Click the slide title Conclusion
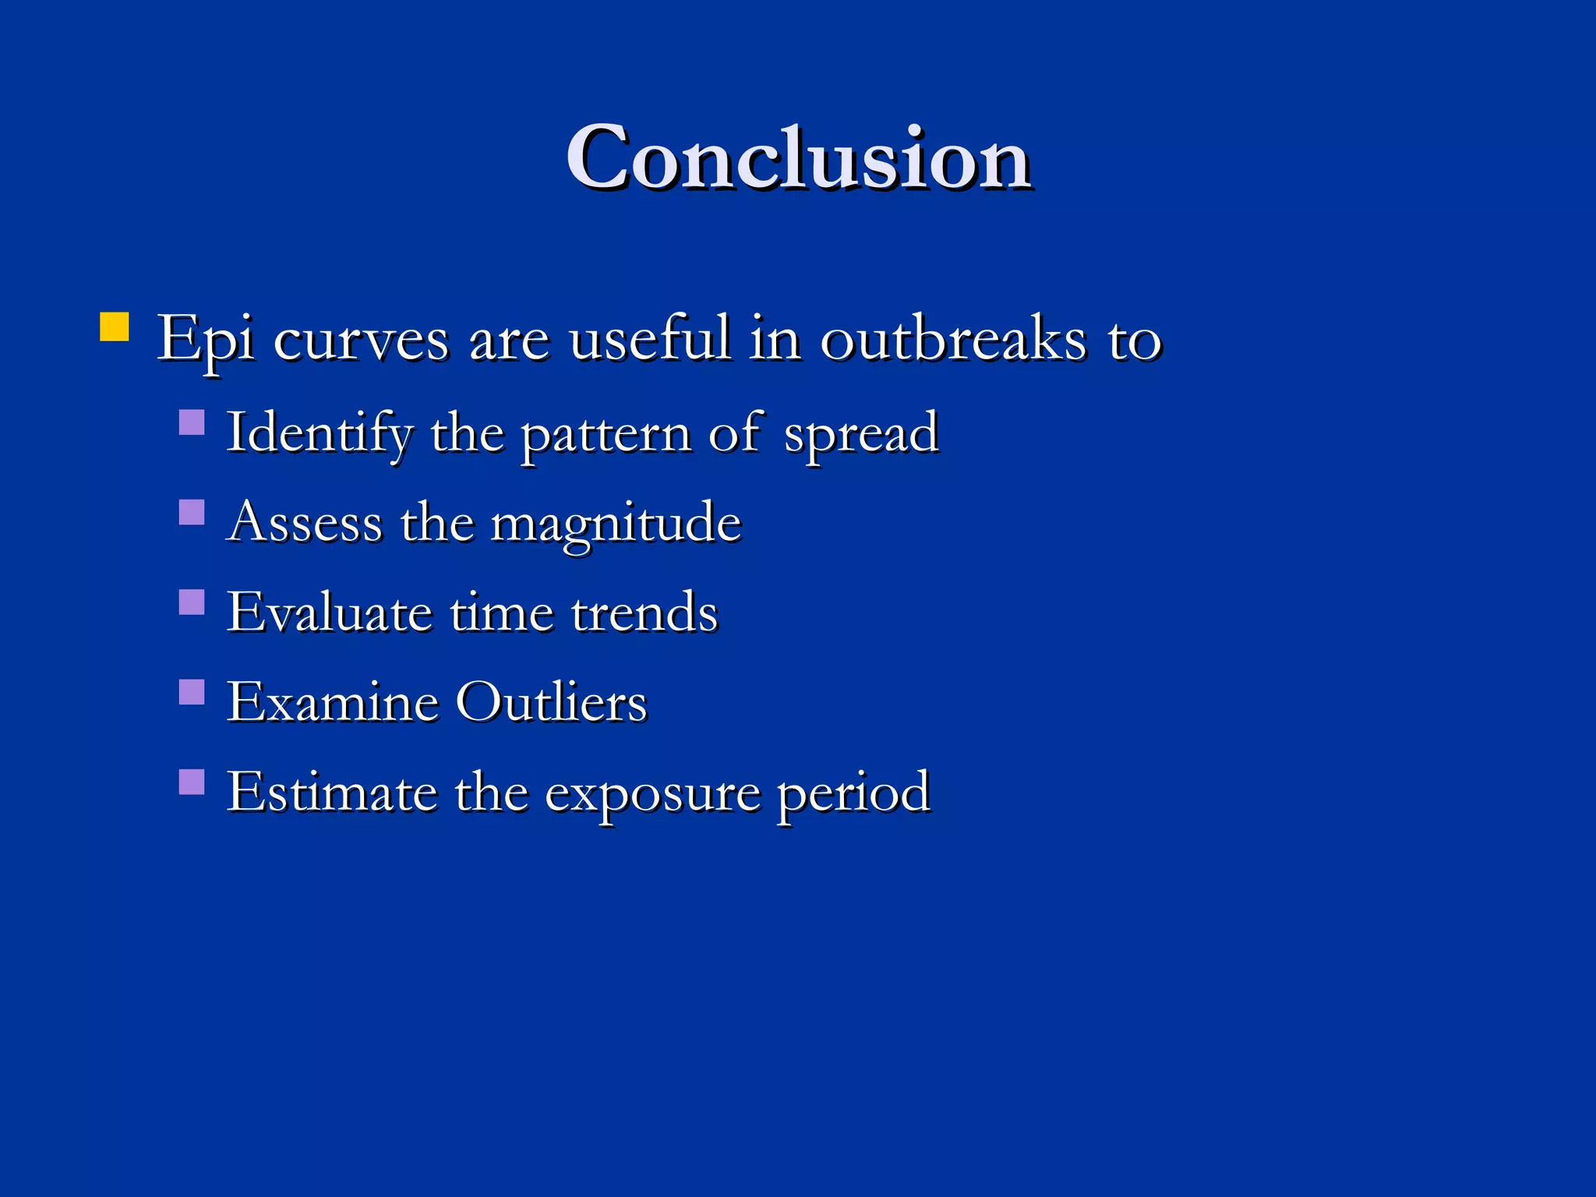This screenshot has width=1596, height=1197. click(x=799, y=157)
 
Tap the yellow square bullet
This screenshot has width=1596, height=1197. click(x=115, y=327)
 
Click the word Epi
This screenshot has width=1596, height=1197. click(x=206, y=340)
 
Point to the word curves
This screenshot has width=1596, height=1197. click(x=361, y=340)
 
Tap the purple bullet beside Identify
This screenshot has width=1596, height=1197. click(x=192, y=422)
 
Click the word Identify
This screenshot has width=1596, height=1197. click(x=320, y=433)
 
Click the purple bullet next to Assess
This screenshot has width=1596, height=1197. click(x=192, y=512)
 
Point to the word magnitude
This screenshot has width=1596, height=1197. click(x=616, y=524)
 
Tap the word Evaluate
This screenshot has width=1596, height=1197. click(x=330, y=612)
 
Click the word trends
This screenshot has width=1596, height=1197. click(x=644, y=612)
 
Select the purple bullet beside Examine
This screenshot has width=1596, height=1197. click(x=192, y=691)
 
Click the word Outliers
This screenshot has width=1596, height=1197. click(x=551, y=701)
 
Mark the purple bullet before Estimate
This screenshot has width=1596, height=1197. click(x=192, y=782)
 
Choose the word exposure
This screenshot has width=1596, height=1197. click(x=652, y=793)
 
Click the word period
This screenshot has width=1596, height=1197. click(x=853, y=793)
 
